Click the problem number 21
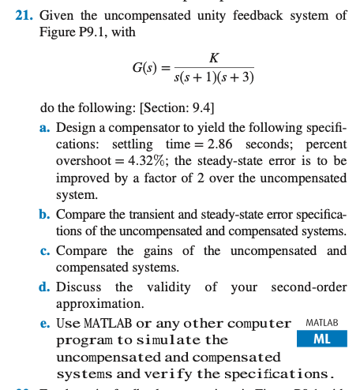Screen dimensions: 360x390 26,14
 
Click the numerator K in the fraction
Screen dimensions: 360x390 214,57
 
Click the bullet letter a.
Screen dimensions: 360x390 45,128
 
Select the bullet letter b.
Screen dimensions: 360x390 45,215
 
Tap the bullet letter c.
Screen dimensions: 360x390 45,250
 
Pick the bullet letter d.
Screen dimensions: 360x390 45,287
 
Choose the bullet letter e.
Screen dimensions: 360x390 45,323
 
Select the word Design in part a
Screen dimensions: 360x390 77,128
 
